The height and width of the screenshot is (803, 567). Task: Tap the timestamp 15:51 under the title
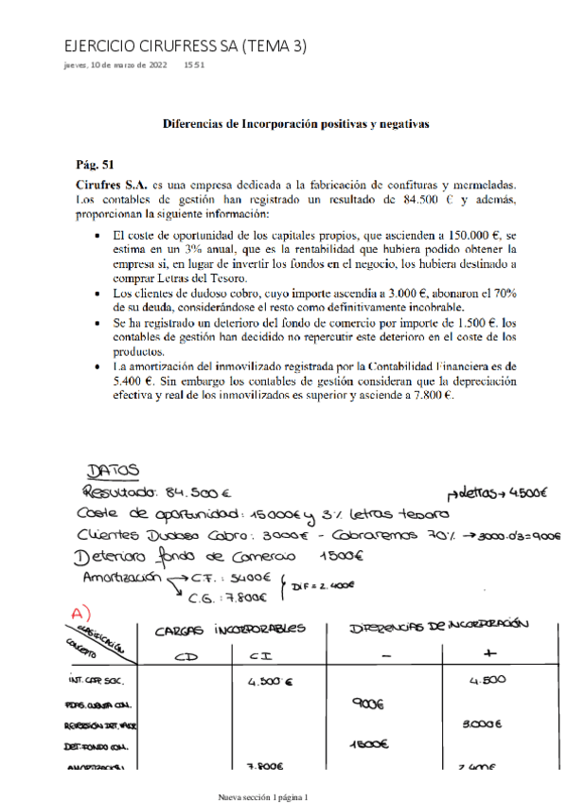point(194,65)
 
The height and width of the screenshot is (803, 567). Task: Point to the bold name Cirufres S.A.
point(112,185)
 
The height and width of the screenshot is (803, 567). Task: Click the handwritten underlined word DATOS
point(113,470)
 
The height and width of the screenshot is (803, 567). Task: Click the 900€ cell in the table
point(365,704)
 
